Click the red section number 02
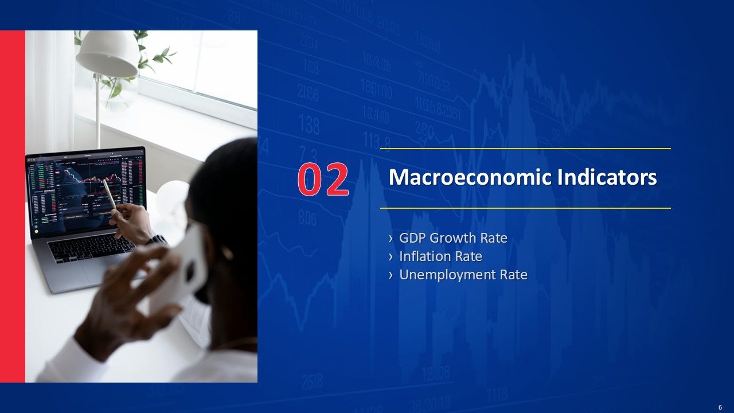click(x=323, y=179)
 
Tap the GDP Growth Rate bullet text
click(x=453, y=237)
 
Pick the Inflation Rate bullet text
click(x=440, y=256)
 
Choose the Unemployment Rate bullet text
click(x=463, y=275)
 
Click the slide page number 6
click(x=720, y=407)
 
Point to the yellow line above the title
click(x=525, y=149)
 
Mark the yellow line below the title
click(x=525, y=208)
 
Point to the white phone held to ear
click(x=183, y=270)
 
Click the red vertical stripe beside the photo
click(x=13, y=206)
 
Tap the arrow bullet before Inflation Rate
click(x=391, y=256)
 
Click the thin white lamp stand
click(x=98, y=115)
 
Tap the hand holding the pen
click(x=133, y=221)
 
